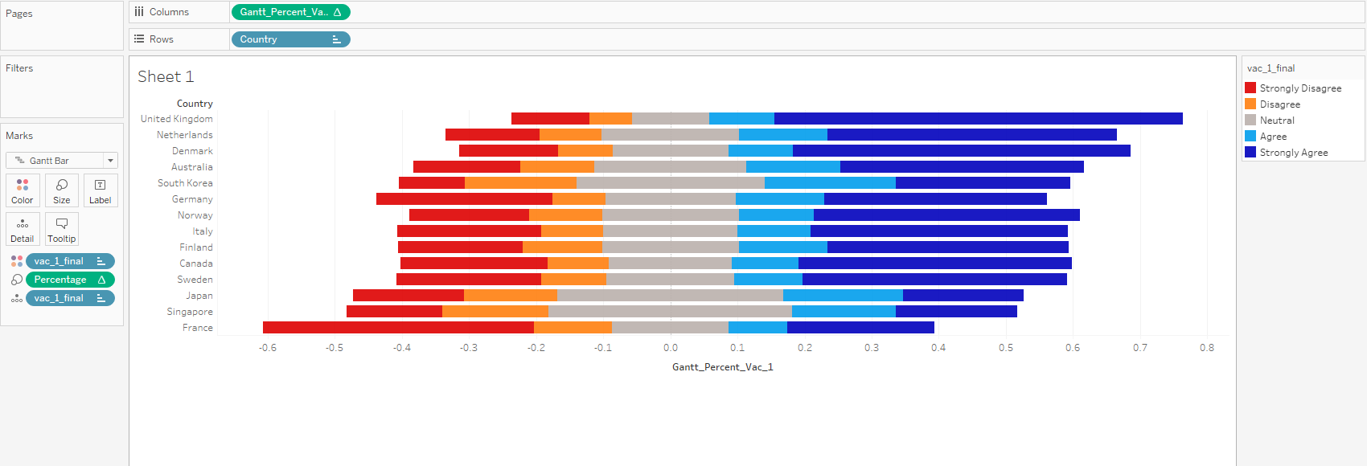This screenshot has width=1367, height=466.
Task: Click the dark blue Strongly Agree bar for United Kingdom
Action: pos(978,119)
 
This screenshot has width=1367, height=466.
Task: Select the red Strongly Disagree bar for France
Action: pos(398,328)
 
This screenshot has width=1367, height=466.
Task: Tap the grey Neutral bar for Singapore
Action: pos(670,312)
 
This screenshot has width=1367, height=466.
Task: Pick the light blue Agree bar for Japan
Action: pos(843,296)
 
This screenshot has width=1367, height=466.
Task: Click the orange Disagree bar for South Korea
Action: pos(520,183)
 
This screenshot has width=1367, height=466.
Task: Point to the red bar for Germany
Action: pos(464,199)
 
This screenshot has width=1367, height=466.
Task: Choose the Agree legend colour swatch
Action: pos(1250,137)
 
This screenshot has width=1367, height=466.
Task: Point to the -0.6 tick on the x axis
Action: pos(268,348)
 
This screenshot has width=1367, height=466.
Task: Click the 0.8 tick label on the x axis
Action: pos(1207,348)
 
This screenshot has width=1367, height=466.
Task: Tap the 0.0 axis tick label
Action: pos(671,348)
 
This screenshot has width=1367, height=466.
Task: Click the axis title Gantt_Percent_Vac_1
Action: pos(722,367)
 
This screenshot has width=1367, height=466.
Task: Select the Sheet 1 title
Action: pos(166,77)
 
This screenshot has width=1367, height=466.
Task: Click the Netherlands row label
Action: pos(185,135)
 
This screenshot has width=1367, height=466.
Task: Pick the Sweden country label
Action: pos(195,280)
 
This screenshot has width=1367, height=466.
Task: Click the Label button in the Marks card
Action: pos(101,191)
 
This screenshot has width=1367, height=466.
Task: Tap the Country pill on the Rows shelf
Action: pos(289,39)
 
